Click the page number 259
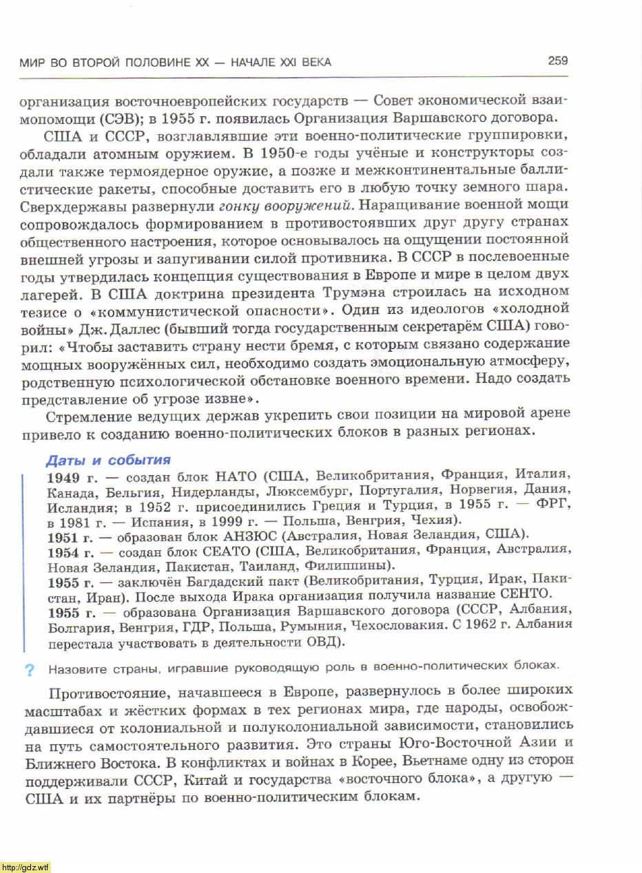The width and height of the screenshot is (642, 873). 557,61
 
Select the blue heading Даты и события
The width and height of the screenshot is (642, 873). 108,460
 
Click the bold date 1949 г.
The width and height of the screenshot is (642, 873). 73,477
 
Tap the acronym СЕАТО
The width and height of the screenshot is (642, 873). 227,551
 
